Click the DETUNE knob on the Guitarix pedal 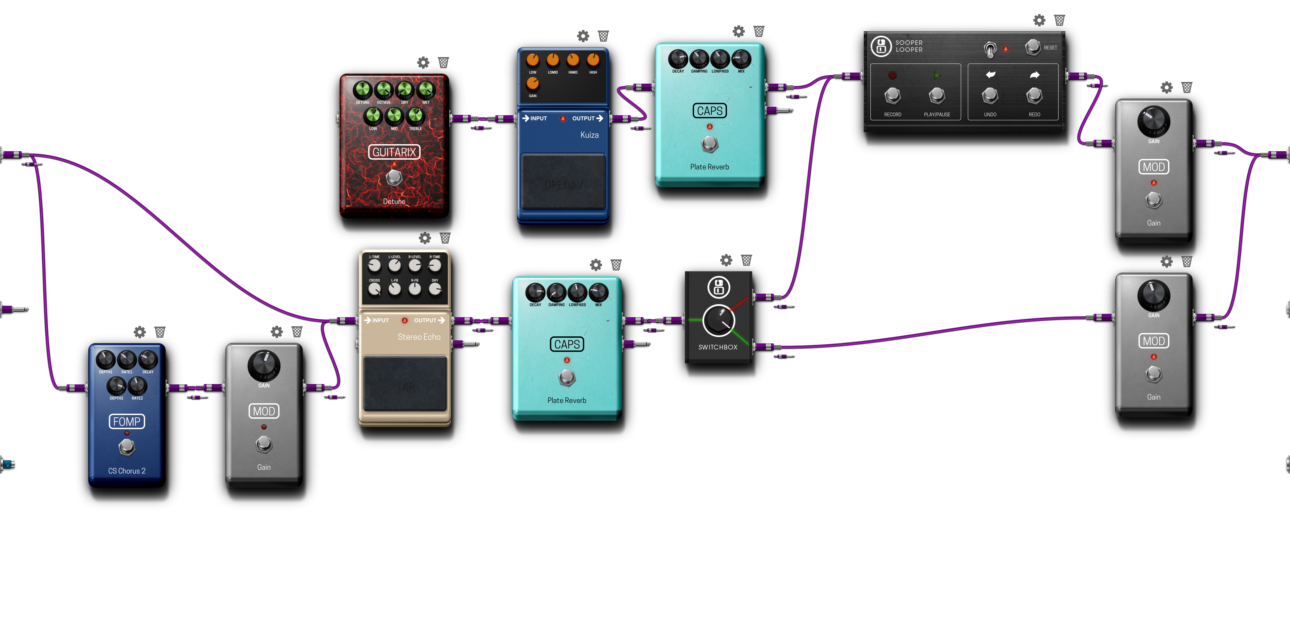(362, 90)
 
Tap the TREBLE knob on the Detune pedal (415, 116)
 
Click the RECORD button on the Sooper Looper (892, 95)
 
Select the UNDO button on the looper (990, 95)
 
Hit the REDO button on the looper (1034, 95)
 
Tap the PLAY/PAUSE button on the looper (937, 95)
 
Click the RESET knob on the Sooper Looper (1033, 47)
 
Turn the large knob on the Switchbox (719, 321)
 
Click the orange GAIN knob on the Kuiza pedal (532, 83)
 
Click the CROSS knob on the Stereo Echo (375, 289)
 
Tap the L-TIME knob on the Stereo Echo (375, 265)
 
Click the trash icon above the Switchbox (746, 260)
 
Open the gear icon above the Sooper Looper (1039, 20)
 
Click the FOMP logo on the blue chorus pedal (127, 421)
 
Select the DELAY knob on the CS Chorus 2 (148, 360)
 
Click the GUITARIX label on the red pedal (394, 152)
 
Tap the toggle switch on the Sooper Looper (990, 49)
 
